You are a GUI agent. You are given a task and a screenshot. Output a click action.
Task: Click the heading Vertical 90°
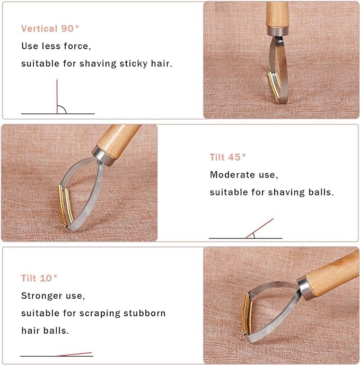(x=50, y=29)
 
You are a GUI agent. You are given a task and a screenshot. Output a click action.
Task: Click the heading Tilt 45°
(x=228, y=157)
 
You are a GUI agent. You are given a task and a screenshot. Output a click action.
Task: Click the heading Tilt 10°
(x=39, y=278)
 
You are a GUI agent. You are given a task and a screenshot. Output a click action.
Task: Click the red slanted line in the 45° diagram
(x=260, y=228)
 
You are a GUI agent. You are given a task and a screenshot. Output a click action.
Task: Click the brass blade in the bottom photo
(x=244, y=312)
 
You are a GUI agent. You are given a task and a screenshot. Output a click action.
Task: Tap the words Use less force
(x=56, y=46)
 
